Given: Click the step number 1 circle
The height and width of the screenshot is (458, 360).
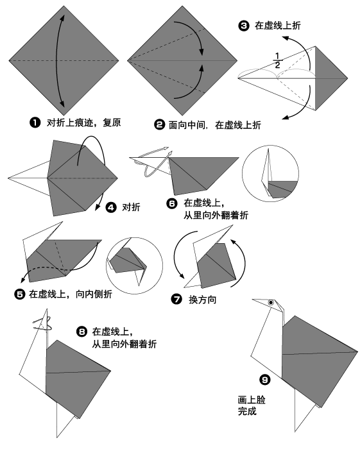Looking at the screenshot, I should (x=35, y=123).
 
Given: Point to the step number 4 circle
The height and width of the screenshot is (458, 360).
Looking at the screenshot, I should (x=110, y=207).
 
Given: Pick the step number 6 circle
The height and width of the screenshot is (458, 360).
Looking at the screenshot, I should (x=172, y=204).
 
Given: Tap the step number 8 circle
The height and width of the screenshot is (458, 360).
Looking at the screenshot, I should (x=81, y=332).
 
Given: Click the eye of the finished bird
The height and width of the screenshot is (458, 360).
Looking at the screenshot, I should (x=272, y=303).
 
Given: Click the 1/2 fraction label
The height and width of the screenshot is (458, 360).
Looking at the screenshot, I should (x=277, y=61).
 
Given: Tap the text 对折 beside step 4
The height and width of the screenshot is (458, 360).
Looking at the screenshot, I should (x=131, y=207).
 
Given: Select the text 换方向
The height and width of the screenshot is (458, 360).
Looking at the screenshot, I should (x=201, y=299).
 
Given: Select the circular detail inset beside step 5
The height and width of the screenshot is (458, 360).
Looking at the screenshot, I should (x=132, y=264).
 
